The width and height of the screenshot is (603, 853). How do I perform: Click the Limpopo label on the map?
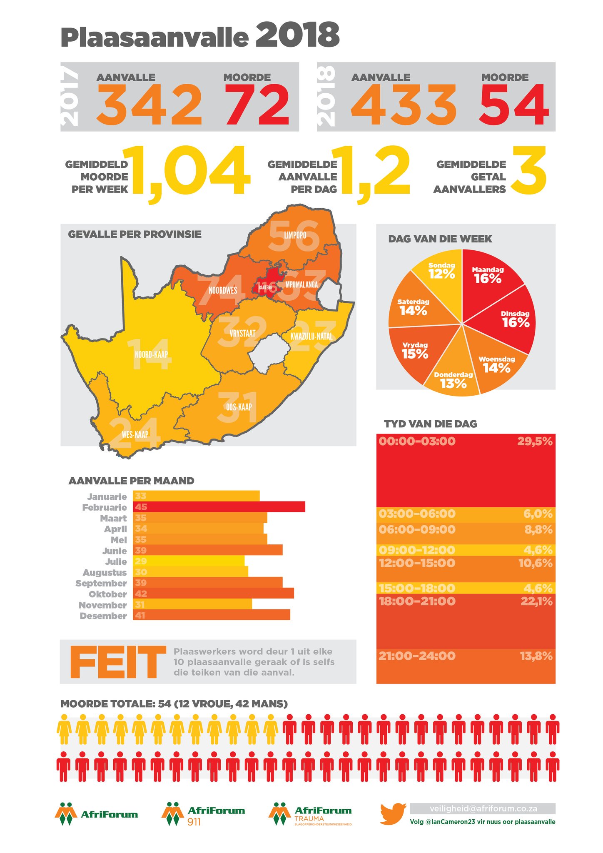[x=295, y=235]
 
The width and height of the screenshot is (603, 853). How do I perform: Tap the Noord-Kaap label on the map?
[x=151, y=354]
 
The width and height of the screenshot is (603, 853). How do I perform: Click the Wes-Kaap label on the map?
[x=135, y=434]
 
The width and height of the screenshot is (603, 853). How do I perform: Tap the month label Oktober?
[x=107, y=594]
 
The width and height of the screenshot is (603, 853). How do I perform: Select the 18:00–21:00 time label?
[x=417, y=601]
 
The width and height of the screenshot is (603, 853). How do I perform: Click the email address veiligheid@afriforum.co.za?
[x=483, y=808]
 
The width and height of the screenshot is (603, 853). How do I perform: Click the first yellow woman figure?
[x=64, y=729]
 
